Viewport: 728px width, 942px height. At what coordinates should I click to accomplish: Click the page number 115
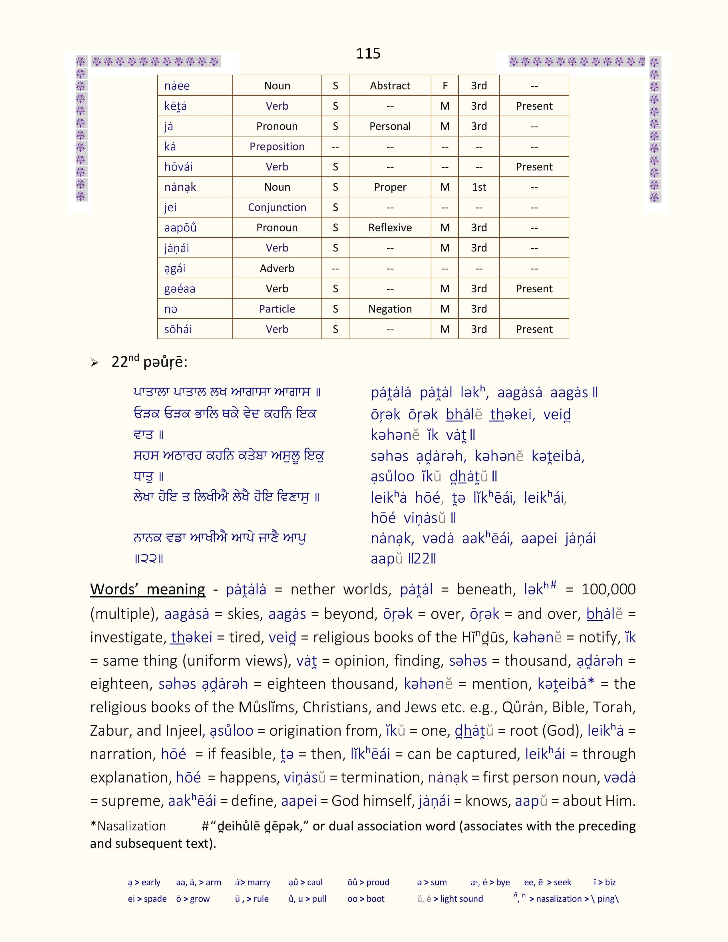(x=368, y=53)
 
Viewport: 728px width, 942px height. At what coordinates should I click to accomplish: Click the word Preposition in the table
(x=277, y=147)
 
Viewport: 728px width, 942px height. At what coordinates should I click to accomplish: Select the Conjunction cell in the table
(x=277, y=208)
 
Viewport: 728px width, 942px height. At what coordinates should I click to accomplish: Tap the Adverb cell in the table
(x=277, y=268)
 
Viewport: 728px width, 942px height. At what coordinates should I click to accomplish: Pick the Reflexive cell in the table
(x=390, y=228)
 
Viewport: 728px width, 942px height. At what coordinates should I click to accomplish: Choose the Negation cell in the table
(x=390, y=309)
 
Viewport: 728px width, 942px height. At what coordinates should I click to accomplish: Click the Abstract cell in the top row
(x=390, y=86)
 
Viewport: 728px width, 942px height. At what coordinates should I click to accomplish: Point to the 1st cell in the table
(x=479, y=187)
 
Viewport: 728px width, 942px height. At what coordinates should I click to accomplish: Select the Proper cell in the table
(x=390, y=187)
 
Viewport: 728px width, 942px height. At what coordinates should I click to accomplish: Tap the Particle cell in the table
(x=277, y=309)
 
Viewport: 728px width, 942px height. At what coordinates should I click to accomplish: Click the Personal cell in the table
(x=390, y=126)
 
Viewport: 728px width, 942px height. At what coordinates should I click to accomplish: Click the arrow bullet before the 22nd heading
(x=95, y=363)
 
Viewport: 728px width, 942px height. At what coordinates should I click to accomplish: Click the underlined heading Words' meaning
(x=148, y=589)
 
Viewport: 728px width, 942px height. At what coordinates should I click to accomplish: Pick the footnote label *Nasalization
(x=128, y=826)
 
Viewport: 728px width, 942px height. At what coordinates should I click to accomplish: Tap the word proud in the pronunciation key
(x=377, y=882)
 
